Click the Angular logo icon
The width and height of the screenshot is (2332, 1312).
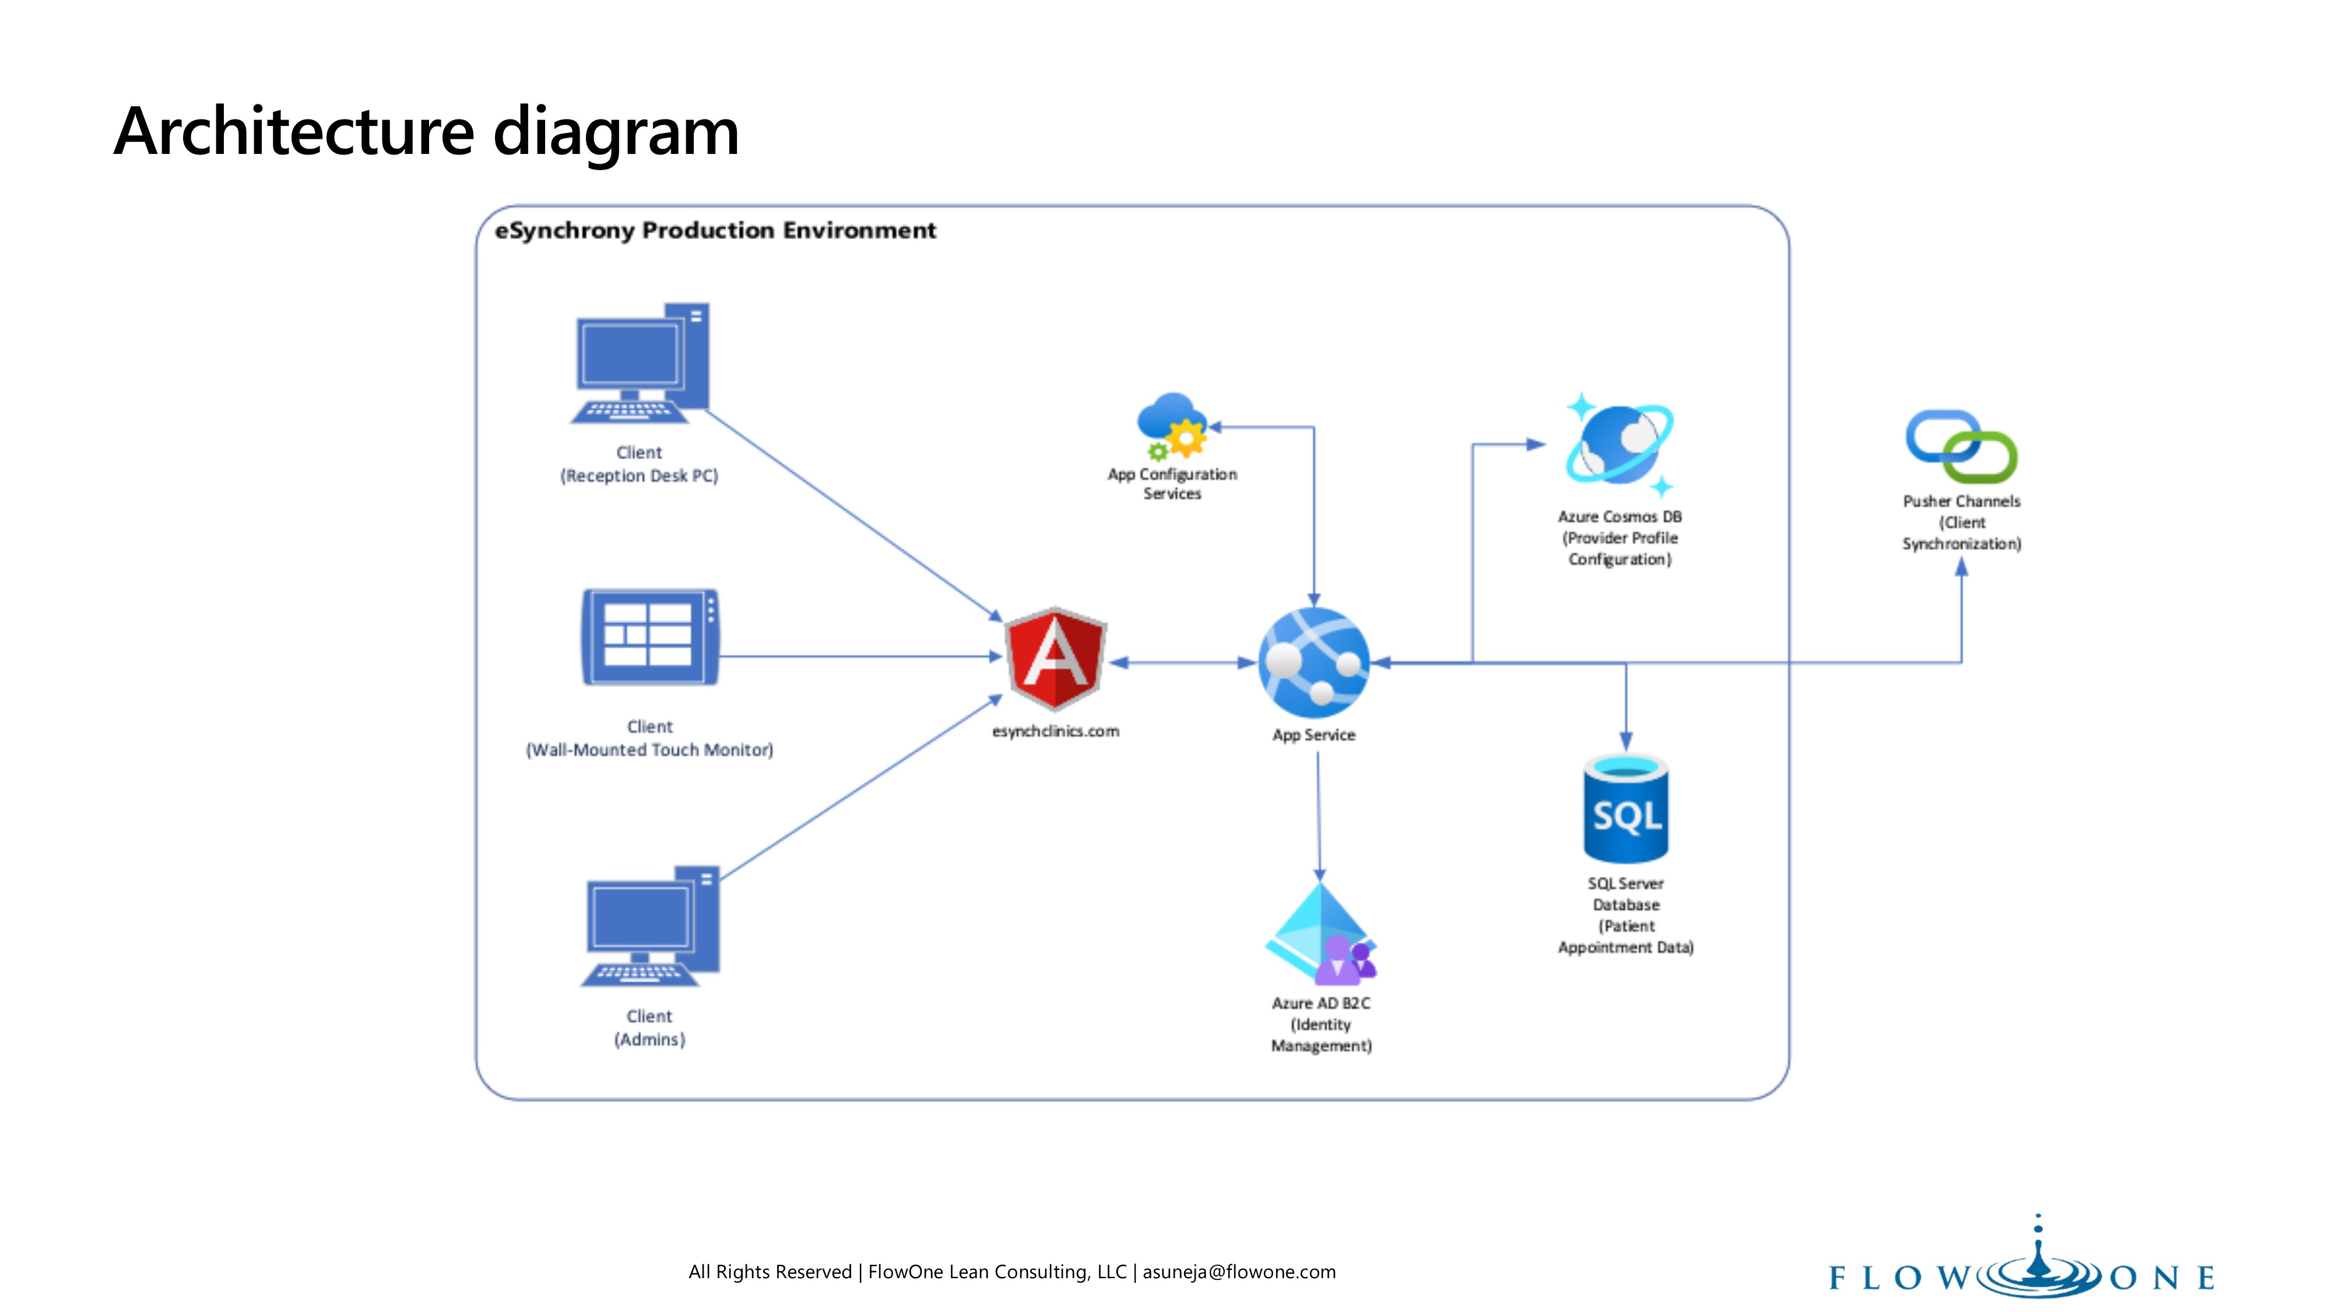click(1056, 659)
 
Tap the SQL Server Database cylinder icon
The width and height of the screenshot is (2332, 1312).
click(1626, 809)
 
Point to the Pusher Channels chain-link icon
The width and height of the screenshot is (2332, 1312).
click(1961, 447)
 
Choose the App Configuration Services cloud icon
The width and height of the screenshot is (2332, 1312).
click(1172, 426)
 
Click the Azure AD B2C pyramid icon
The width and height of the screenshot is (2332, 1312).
click(1321, 935)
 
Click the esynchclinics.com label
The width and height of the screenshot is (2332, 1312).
click(1056, 732)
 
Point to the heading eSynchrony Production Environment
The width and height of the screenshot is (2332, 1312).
click(715, 231)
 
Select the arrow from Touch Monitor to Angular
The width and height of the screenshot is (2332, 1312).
click(860, 657)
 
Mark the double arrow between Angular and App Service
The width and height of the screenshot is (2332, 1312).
click(1181, 663)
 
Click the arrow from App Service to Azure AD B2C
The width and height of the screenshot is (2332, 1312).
click(1319, 815)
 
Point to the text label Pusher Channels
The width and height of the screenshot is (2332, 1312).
click(1961, 501)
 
